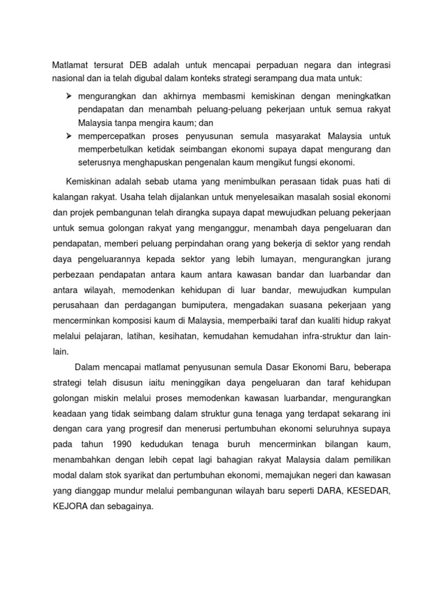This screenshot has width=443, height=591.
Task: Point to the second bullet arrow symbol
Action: tap(68, 136)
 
